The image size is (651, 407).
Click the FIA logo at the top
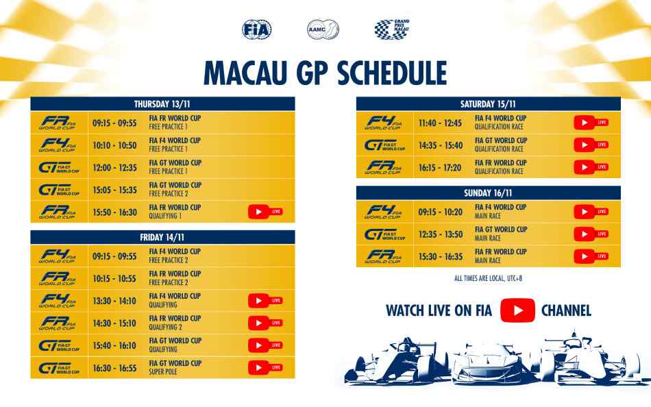point(256,29)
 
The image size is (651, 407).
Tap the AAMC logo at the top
point(323,29)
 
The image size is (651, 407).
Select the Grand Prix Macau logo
point(391,29)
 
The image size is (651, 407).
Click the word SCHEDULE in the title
point(391,73)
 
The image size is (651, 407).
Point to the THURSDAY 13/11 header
point(162,104)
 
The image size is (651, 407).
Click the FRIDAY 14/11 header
point(162,237)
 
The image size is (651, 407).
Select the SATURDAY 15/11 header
point(488,104)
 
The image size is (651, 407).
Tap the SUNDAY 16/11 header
point(488,193)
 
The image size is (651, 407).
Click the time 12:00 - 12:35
point(114,168)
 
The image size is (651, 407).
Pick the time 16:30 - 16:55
point(114,368)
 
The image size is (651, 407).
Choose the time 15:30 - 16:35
point(441,257)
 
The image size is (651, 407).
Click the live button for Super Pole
point(265,367)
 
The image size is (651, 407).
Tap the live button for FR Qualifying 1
point(265,212)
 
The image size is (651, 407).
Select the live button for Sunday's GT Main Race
point(591,234)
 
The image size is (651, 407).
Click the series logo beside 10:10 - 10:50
point(58,145)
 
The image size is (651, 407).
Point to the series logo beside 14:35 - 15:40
point(384,145)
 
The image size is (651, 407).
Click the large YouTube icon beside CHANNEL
point(517,310)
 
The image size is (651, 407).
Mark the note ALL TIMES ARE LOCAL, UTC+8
point(488,278)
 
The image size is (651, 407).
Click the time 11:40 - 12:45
point(440,123)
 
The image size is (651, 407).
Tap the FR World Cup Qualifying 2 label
point(175,323)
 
